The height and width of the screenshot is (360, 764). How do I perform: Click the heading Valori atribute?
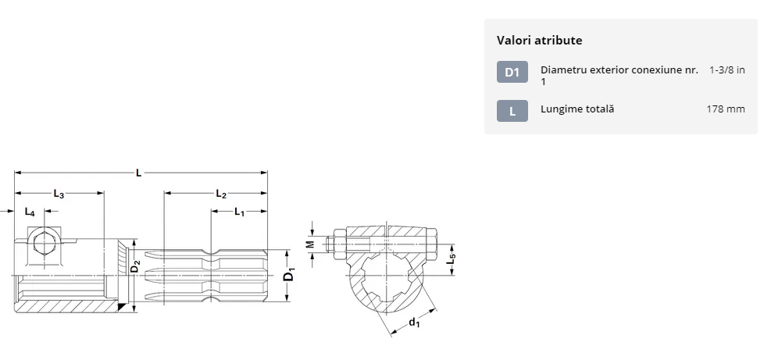point(539,41)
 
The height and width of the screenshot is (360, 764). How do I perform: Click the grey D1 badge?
point(512,72)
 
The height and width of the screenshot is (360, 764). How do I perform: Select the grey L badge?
point(512,111)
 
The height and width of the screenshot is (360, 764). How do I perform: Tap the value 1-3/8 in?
point(727,70)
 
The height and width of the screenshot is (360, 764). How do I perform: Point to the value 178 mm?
point(726,109)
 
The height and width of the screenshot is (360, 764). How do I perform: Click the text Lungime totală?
point(577,109)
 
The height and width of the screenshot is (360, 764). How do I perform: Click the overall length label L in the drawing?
point(139,173)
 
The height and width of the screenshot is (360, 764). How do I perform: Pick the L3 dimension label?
point(59,194)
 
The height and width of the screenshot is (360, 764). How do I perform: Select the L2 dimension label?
point(221,194)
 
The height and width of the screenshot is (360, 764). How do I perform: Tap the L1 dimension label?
point(239,212)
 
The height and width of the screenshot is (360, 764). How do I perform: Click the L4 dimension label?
point(30,212)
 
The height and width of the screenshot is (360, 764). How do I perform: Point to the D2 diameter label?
point(135,266)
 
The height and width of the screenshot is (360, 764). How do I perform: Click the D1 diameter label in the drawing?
point(289,274)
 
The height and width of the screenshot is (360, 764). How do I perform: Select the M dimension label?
point(311,244)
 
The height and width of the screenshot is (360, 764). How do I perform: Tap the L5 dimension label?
point(452,258)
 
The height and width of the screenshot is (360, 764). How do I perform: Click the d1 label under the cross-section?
point(414,323)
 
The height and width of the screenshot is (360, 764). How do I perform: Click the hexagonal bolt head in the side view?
point(45,243)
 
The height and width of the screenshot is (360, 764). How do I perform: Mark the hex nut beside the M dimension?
point(339,244)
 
